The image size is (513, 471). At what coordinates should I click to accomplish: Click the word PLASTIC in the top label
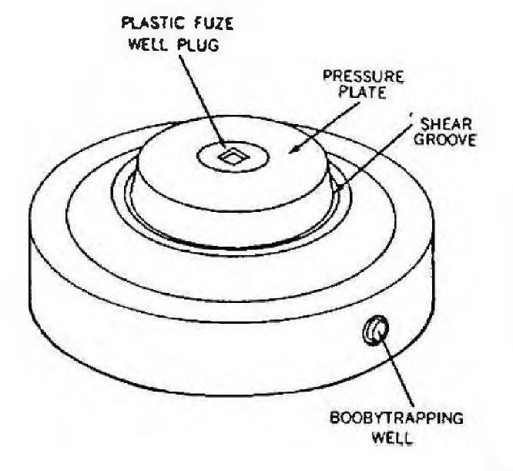tap(153, 23)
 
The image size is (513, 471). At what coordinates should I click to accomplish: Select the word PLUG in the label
tap(198, 45)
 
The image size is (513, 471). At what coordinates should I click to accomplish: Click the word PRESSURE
tap(363, 76)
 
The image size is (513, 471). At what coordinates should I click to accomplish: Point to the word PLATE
tap(362, 92)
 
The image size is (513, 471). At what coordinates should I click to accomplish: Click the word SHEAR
tap(446, 124)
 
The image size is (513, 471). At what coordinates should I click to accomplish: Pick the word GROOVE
tap(445, 140)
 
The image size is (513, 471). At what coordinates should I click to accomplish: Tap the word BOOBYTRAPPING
tap(396, 418)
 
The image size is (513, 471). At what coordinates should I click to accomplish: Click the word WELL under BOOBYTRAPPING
tap(393, 437)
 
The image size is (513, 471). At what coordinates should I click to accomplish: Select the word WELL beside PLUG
tap(149, 45)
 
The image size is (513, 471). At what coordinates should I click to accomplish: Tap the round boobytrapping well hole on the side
tap(375, 330)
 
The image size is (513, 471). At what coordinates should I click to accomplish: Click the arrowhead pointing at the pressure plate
tap(296, 150)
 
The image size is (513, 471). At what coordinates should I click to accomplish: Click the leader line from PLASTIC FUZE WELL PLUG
tap(203, 102)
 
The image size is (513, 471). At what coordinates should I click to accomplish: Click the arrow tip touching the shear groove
tap(341, 187)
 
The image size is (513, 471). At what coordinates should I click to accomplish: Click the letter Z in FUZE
tap(217, 23)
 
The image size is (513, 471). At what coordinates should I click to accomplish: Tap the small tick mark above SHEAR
tap(411, 114)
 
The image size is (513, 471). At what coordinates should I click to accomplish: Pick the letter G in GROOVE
tap(420, 140)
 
